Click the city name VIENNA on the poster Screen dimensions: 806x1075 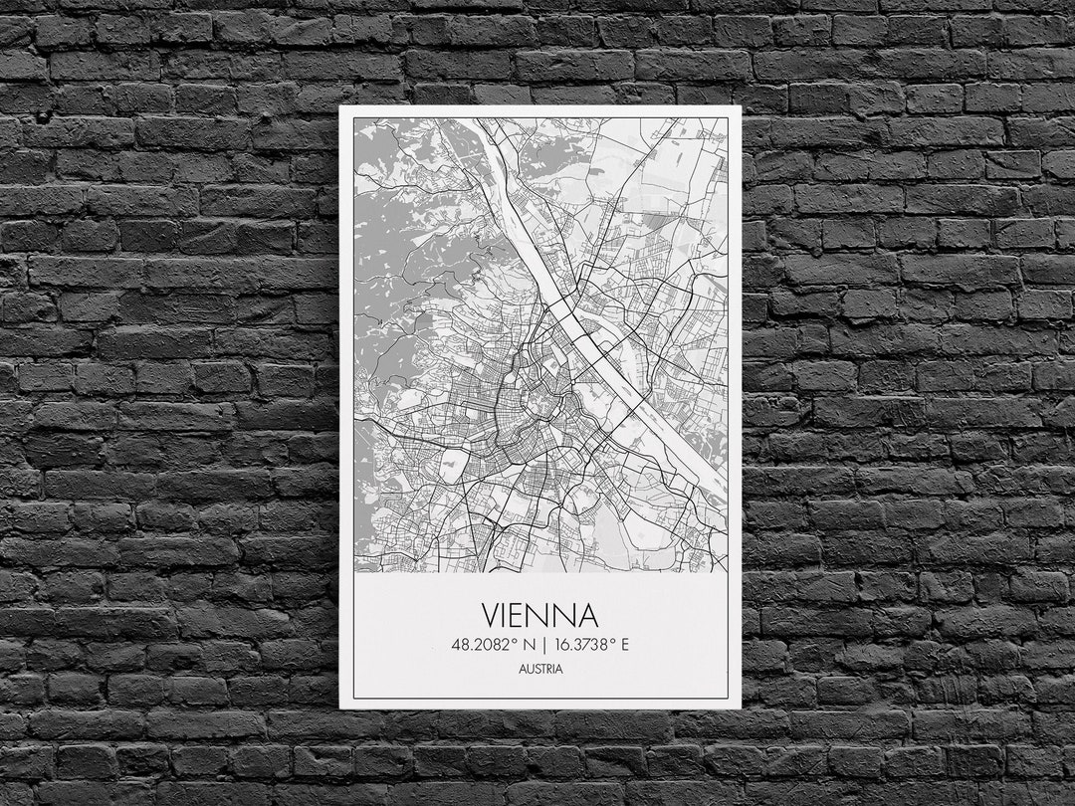click(x=540, y=614)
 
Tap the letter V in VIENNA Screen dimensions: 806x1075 click(x=493, y=614)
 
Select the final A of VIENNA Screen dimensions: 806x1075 click(x=586, y=614)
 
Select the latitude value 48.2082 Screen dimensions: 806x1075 click(x=479, y=644)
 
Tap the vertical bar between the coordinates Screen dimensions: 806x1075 click(x=542, y=644)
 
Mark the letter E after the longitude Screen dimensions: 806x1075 click(x=624, y=644)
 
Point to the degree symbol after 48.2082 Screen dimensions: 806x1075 click(x=513, y=640)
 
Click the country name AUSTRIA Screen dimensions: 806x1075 click(x=540, y=669)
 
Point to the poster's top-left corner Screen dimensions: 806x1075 click(x=340, y=106)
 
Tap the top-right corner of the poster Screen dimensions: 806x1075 click(x=741, y=107)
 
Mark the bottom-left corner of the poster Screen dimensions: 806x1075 click(x=340, y=707)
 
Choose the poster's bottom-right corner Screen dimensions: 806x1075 click(x=741, y=707)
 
